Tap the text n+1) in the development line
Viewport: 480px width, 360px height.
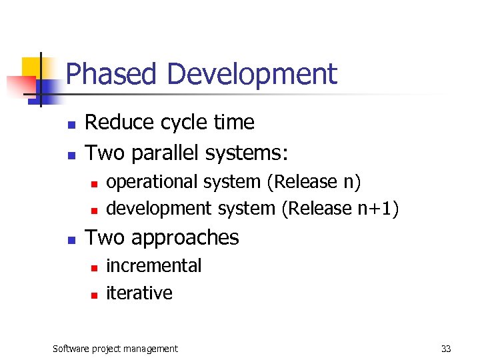point(375,209)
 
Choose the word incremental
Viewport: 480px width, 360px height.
point(153,265)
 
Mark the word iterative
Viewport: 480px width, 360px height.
point(139,293)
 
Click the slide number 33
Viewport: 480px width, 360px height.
point(446,349)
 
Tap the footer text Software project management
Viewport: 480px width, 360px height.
point(115,349)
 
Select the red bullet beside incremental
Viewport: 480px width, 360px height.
point(94,267)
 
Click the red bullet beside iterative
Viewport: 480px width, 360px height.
point(94,294)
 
